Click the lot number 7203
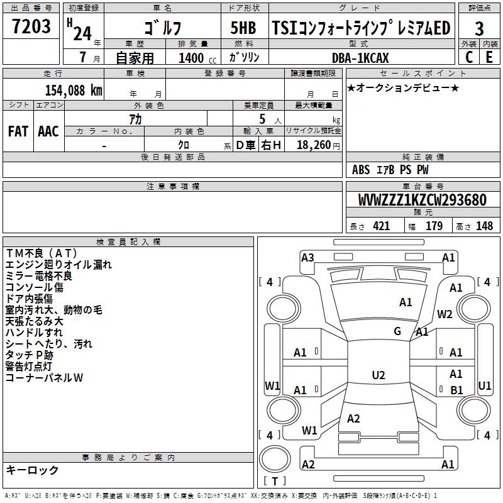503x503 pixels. coord(31,27)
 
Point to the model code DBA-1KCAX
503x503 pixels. coord(360,58)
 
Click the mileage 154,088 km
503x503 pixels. coord(74,90)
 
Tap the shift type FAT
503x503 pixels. coord(18,131)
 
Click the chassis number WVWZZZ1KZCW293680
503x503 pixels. coord(422,200)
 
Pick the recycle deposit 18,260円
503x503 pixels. coord(318,145)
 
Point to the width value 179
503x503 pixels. coord(434,226)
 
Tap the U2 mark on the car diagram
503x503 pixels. coord(378,375)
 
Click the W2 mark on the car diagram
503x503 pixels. coord(445,314)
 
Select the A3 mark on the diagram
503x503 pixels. coord(307,257)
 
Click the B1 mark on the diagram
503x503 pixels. coord(456,390)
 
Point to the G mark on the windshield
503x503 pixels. coord(397,331)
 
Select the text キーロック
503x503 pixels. coord(32,470)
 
